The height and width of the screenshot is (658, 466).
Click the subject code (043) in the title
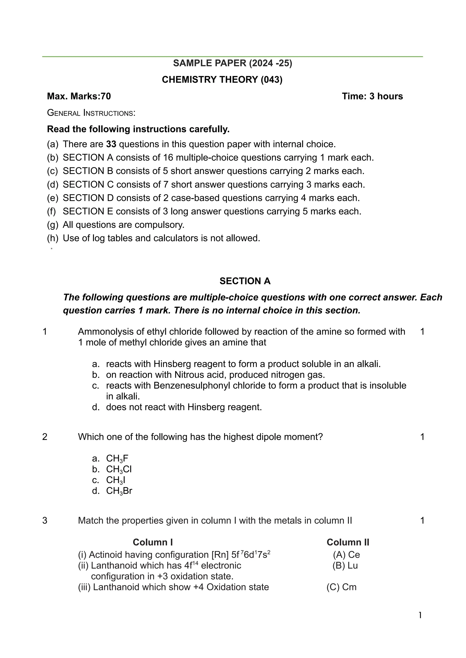(271, 79)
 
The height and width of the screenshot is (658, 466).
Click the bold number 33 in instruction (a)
(111, 144)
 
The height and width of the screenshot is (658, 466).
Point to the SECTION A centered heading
(245, 281)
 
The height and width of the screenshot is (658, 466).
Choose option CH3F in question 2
(117, 458)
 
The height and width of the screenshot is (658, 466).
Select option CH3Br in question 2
(119, 491)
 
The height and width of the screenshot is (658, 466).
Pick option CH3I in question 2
(116, 480)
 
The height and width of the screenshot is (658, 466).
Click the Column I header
(153, 542)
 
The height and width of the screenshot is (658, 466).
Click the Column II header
(348, 542)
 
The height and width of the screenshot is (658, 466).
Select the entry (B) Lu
(345, 565)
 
